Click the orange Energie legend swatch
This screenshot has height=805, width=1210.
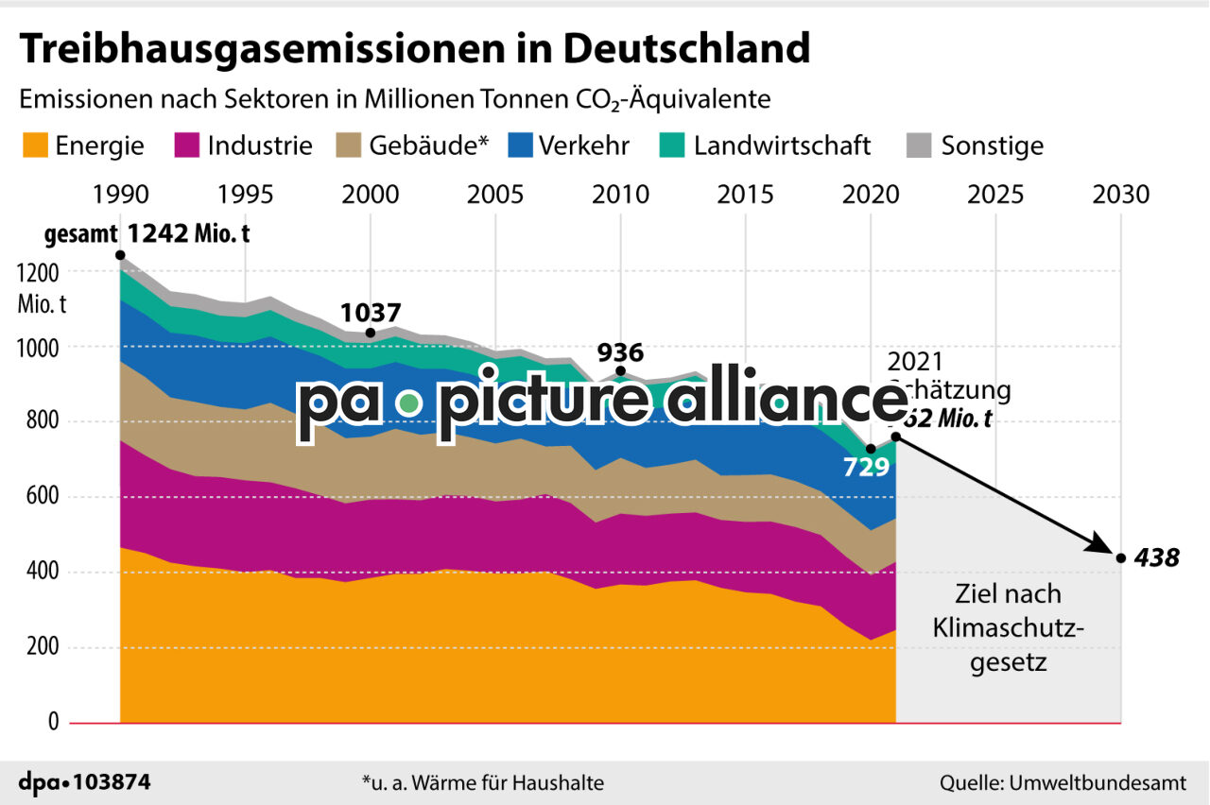coord(34,146)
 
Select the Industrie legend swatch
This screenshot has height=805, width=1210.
coord(186,146)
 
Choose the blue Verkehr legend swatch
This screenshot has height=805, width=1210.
coord(521,146)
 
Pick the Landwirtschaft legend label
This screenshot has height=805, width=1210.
coord(782,146)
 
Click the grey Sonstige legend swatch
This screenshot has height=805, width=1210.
coord(919,146)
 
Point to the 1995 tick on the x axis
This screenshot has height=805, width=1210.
coord(245,195)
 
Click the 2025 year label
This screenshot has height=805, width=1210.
coord(995,195)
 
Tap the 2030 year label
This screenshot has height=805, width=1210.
coord(1120,195)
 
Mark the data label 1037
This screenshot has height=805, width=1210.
coord(371,313)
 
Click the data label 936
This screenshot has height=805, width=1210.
coord(620,353)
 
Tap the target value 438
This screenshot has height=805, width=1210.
coord(1158,558)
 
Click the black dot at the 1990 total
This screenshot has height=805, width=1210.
coord(120,255)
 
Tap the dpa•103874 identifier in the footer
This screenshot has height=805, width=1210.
coord(85,782)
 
